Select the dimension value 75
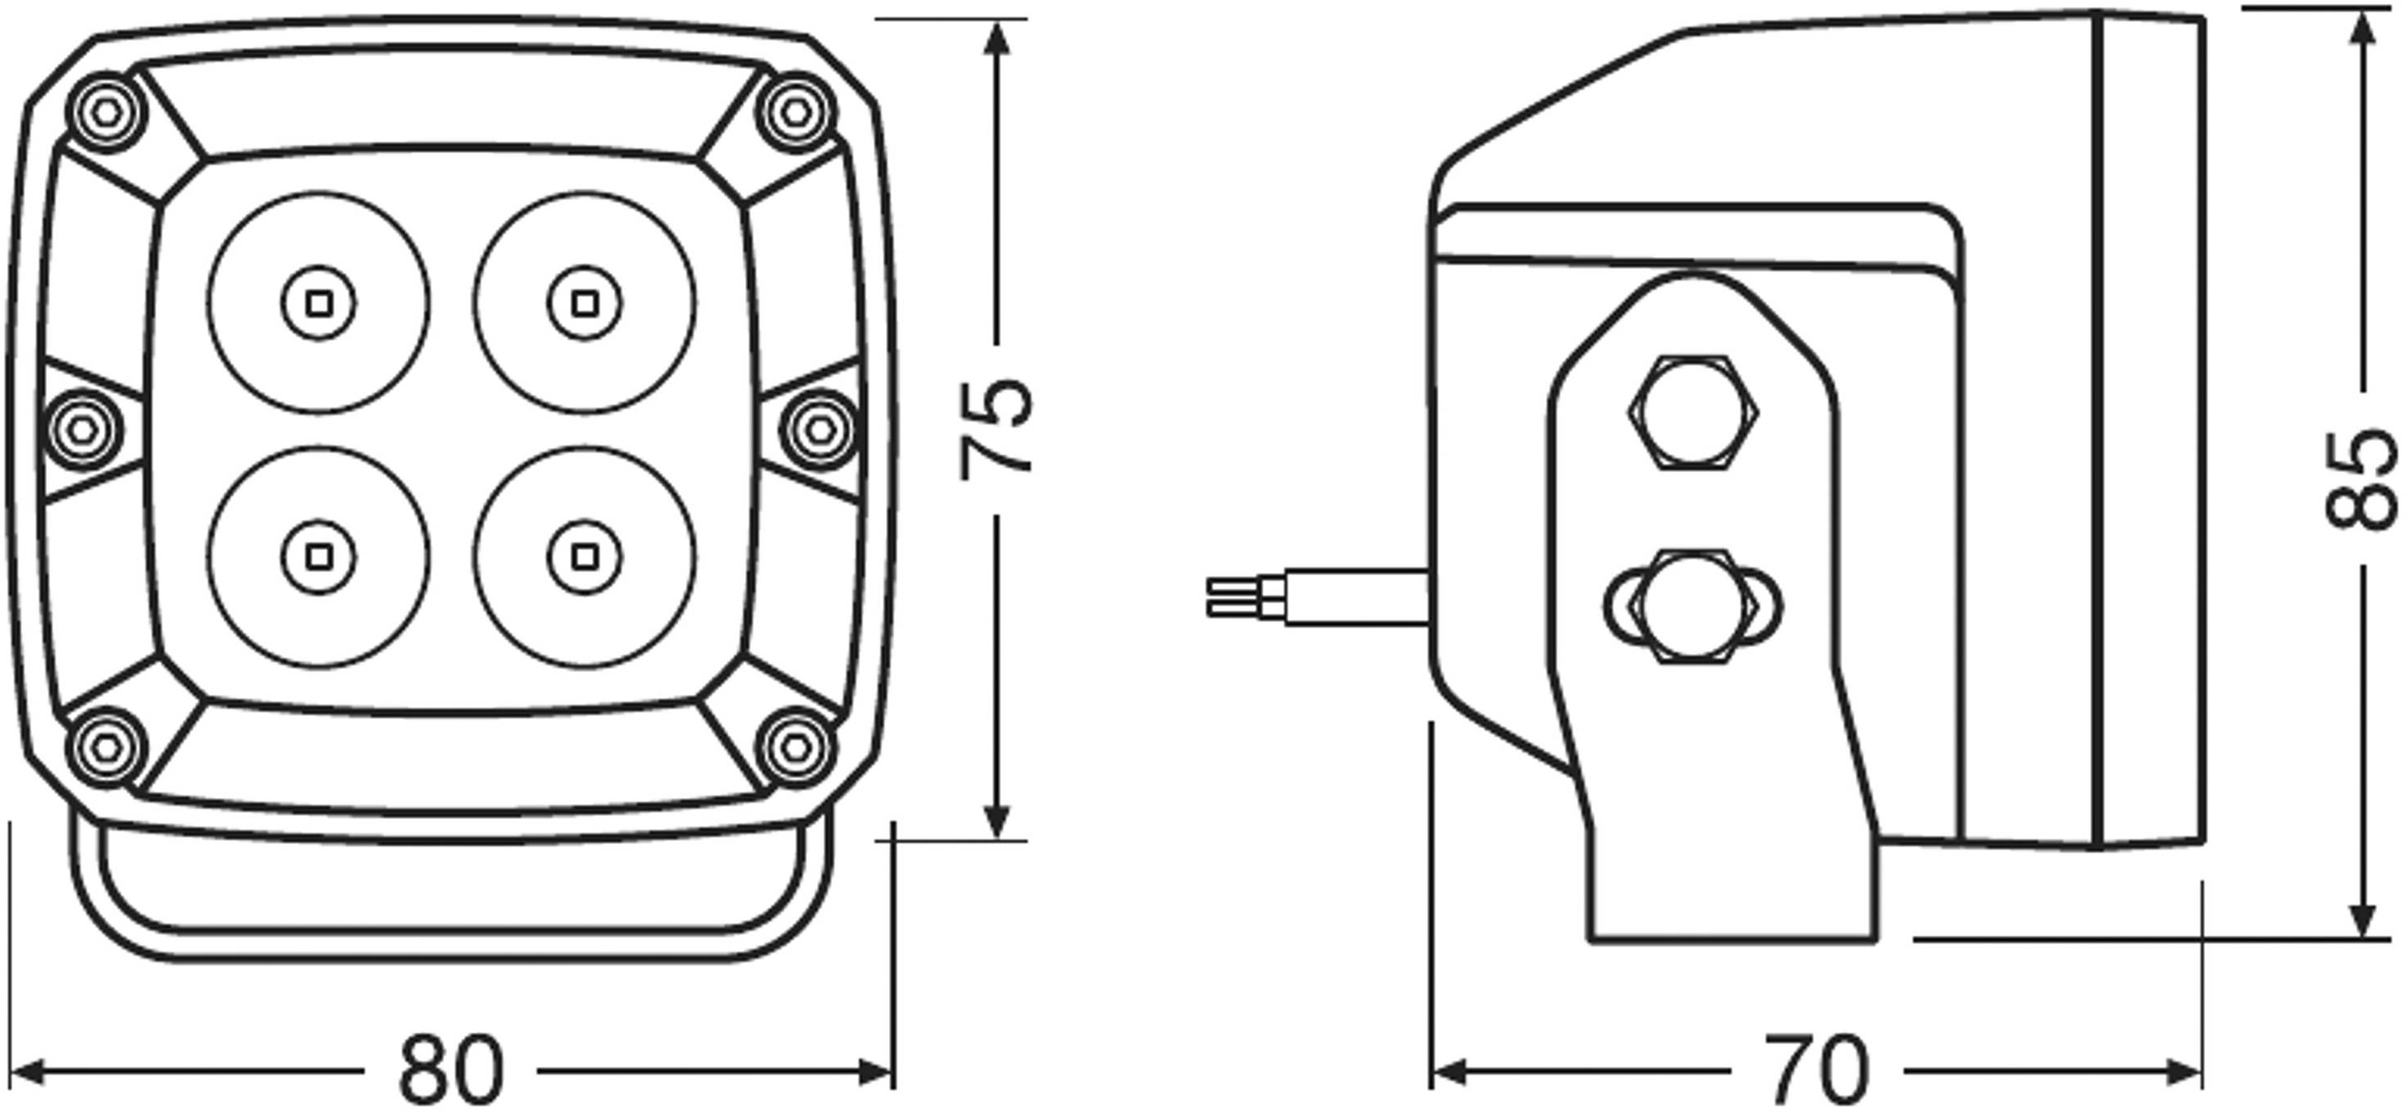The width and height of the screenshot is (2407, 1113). [997, 428]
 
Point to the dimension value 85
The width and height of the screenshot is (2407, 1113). [2361, 480]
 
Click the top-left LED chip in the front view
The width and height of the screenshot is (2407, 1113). [318, 304]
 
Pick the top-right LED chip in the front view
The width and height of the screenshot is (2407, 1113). [585, 304]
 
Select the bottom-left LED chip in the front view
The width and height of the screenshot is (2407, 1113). [318, 558]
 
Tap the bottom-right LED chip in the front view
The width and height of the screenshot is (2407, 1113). [585, 558]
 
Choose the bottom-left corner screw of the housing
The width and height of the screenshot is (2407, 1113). [107, 746]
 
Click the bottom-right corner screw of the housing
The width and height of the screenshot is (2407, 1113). [796, 746]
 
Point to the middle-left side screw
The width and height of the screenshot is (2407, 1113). [83, 430]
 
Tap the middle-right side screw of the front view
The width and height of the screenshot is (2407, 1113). [819, 430]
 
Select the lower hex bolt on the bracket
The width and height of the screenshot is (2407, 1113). [1693, 606]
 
